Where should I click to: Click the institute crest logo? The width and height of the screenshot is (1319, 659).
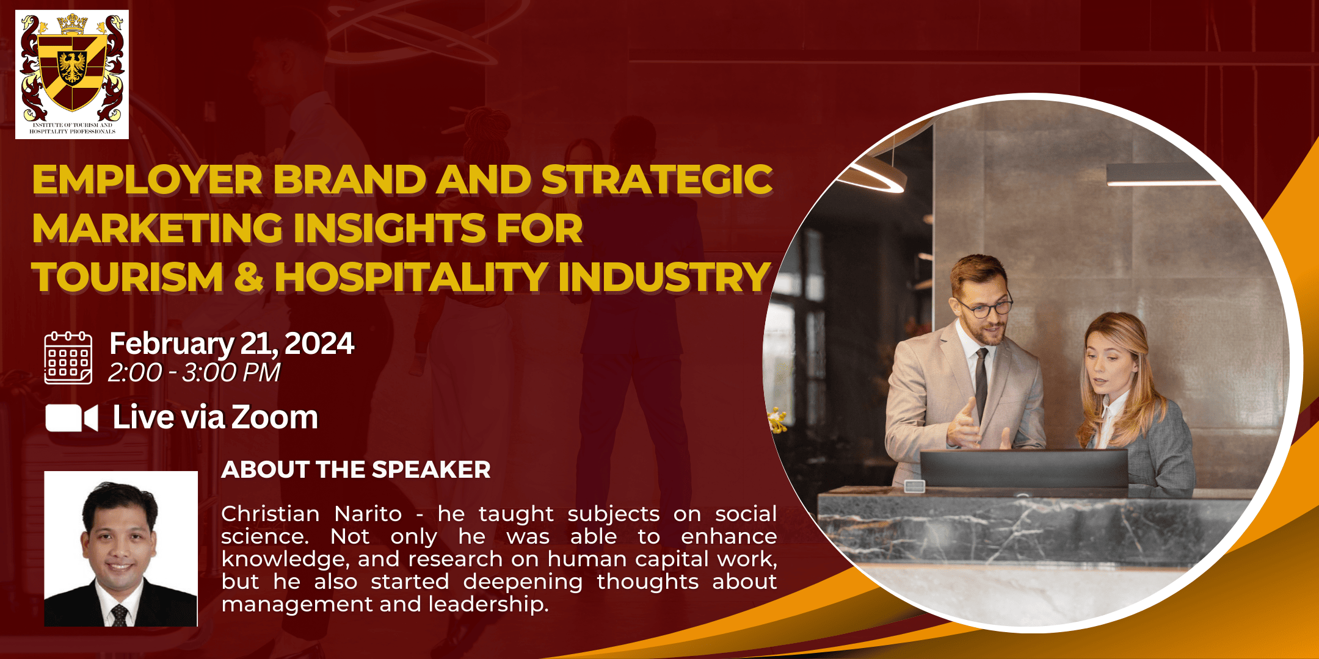click(x=72, y=74)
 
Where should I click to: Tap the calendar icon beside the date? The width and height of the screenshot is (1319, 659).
click(x=68, y=358)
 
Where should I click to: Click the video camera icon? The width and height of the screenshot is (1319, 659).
click(x=71, y=418)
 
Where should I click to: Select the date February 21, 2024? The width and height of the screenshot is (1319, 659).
click(x=231, y=344)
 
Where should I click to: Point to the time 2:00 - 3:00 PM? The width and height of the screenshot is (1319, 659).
click(x=194, y=372)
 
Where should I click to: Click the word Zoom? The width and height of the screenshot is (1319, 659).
click(x=275, y=418)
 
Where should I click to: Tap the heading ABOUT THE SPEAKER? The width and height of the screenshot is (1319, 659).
click(x=356, y=470)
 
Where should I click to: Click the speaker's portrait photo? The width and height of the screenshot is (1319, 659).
click(x=121, y=549)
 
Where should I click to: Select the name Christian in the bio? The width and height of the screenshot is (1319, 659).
click(x=270, y=514)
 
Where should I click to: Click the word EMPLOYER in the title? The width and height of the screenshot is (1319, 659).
click(x=147, y=180)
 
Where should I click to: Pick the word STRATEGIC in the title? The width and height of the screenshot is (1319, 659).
click(x=657, y=180)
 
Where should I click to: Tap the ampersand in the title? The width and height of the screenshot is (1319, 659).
click(x=249, y=276)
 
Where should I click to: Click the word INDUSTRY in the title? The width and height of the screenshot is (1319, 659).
click(x=664, y=276)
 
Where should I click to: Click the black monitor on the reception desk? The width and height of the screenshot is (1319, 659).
click(x=1023, y=468)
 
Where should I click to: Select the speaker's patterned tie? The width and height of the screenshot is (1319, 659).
click(x=119, y=615)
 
